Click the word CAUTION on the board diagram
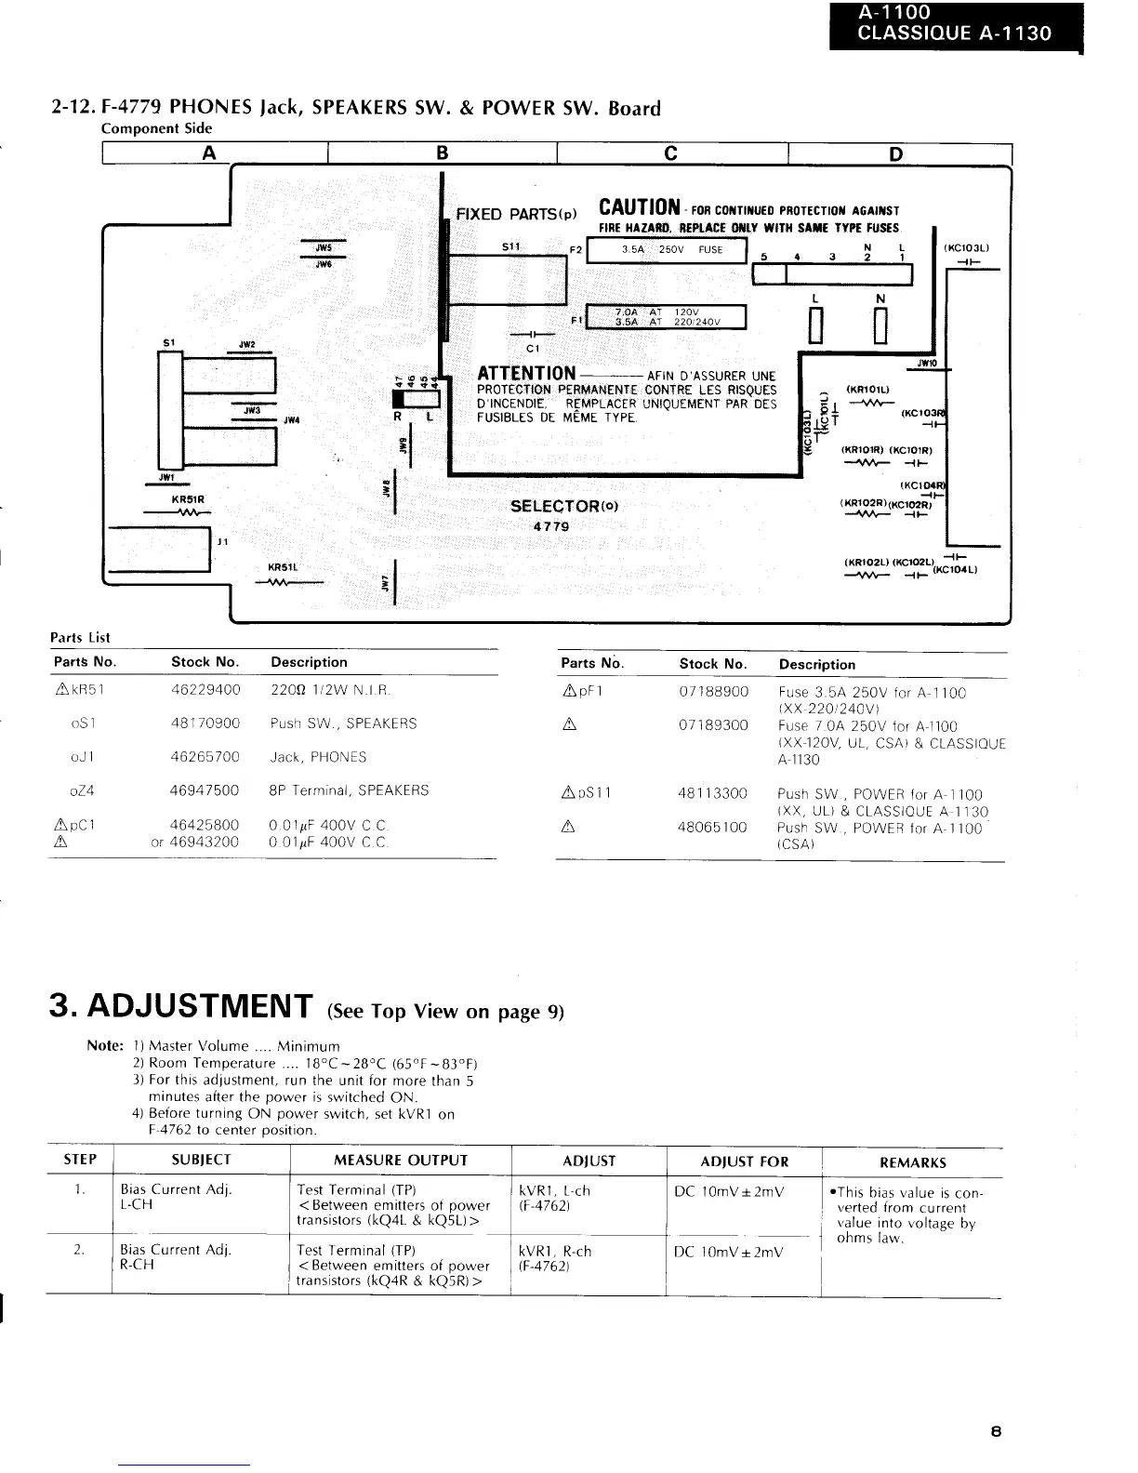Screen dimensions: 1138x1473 pos(639,207)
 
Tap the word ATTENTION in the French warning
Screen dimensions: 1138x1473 pos(525,374)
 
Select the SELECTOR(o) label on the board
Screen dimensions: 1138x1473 pos(564,506)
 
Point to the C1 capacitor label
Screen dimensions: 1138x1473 pos(533,349)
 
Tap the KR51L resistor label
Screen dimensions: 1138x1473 pos(282,567)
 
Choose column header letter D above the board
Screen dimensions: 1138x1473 pos(895,153)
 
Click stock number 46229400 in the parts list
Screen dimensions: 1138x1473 pos(205,690)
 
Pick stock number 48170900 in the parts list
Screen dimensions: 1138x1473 pos(205,723)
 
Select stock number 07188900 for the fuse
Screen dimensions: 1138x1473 pos(713,692)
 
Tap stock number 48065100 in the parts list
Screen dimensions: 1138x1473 pos(713,827)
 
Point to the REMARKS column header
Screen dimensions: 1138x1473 pos(912,1162)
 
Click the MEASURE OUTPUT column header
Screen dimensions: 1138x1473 pos(401,1161)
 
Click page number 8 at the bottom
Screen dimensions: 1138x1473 pos(996,1432)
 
